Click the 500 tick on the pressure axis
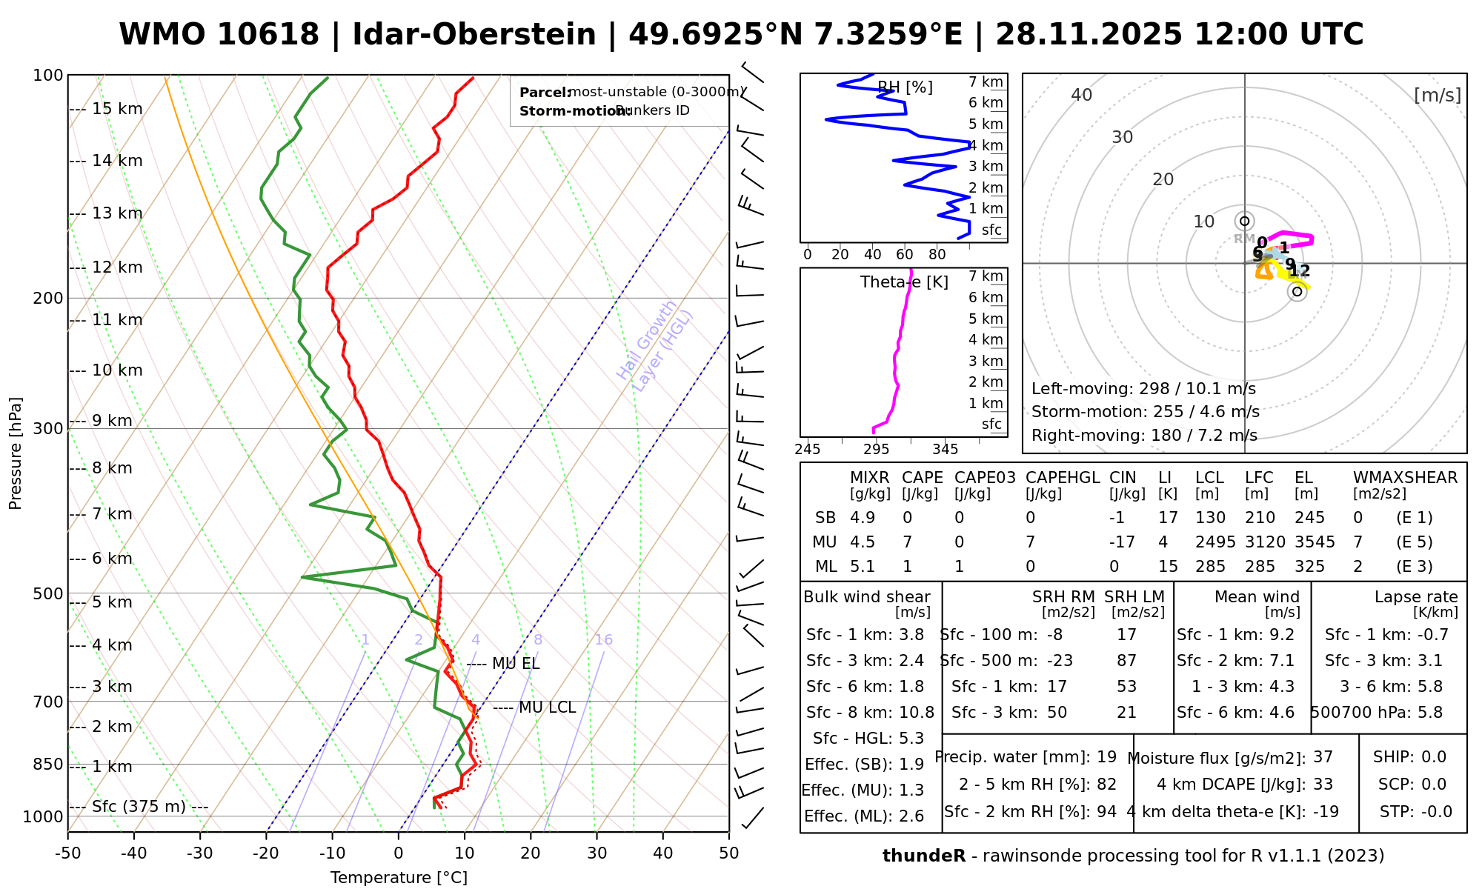click(48, 594)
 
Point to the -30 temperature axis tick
click(200, 853)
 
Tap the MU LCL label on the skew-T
click(547, 707)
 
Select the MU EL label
click(516, 664)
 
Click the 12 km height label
click(117, 267)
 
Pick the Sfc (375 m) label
click(139, 807)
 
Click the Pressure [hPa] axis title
click(16, 453)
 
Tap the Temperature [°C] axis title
click(399, 878)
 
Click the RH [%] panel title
click(905, 87)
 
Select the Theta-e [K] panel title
click(904, 282)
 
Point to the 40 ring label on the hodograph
click(1082, 95)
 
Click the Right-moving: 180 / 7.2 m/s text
click(1144, 436)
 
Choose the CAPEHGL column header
click(1062, 478)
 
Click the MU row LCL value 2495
click(1215, 542)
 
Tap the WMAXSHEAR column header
click(1405, 478)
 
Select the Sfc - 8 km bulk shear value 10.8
click(917, 713)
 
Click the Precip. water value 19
click(1106, 757)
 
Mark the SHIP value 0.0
click(1434, 757)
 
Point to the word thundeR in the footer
click(924, 856)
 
